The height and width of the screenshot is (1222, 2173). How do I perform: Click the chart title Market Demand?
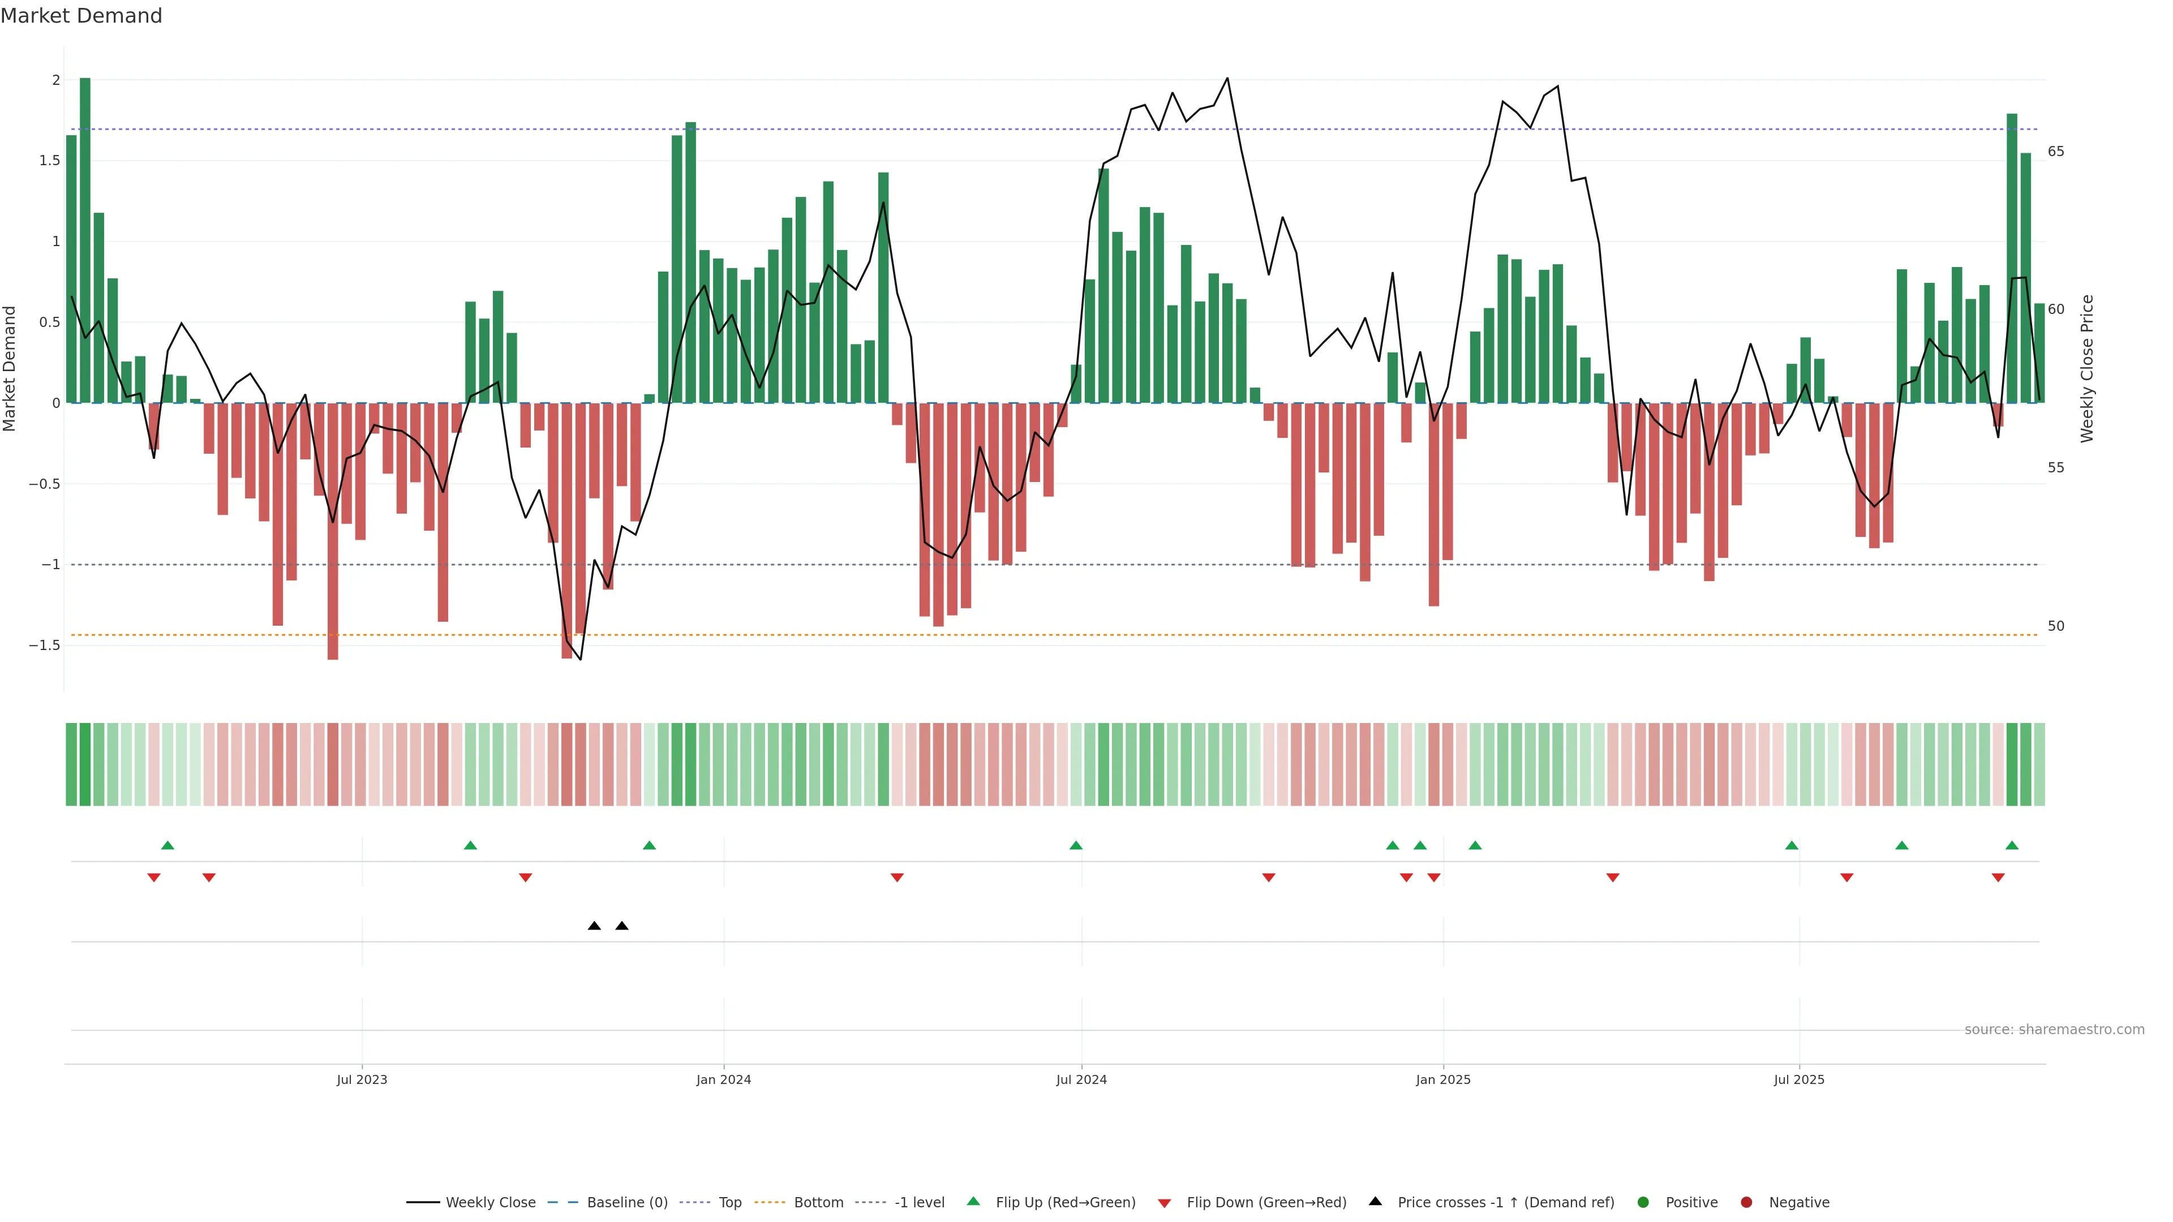click(81, 16)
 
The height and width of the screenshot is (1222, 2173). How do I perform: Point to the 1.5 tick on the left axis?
click(50, 160)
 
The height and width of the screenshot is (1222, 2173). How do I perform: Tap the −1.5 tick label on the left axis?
click(45, 645)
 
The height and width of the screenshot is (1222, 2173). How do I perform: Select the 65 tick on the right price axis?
click(2056, 152)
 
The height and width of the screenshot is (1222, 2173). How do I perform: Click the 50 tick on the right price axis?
click(2056, 626)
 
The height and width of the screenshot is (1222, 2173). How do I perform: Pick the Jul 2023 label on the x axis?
click(362, 1079)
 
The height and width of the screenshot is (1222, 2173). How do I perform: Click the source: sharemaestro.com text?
click(2054, 1030)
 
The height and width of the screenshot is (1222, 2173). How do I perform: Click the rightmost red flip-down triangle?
click(1998, 878)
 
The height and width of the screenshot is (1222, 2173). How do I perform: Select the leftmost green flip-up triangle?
click(168, 845)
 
